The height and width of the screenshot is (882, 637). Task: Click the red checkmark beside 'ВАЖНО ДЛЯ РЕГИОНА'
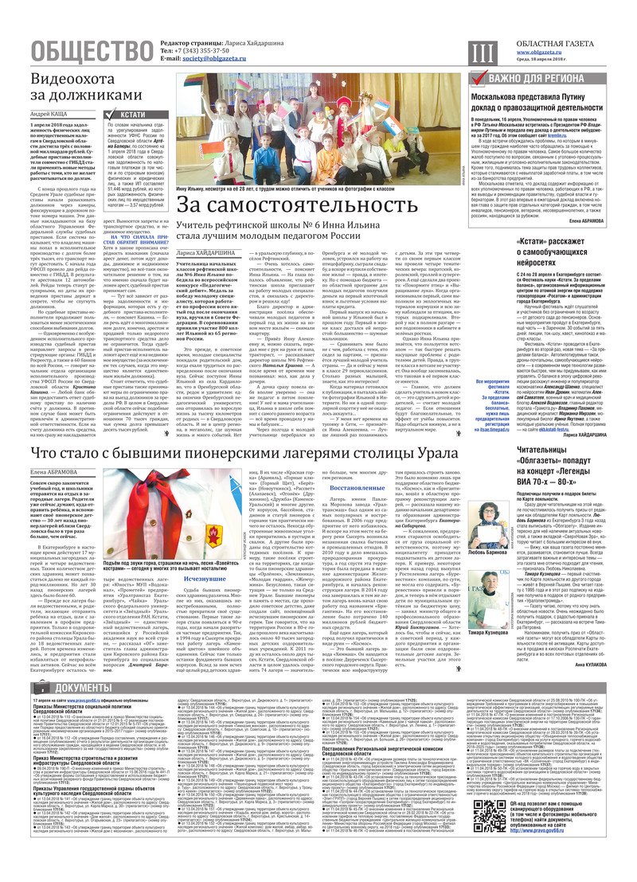click(478, 78)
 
